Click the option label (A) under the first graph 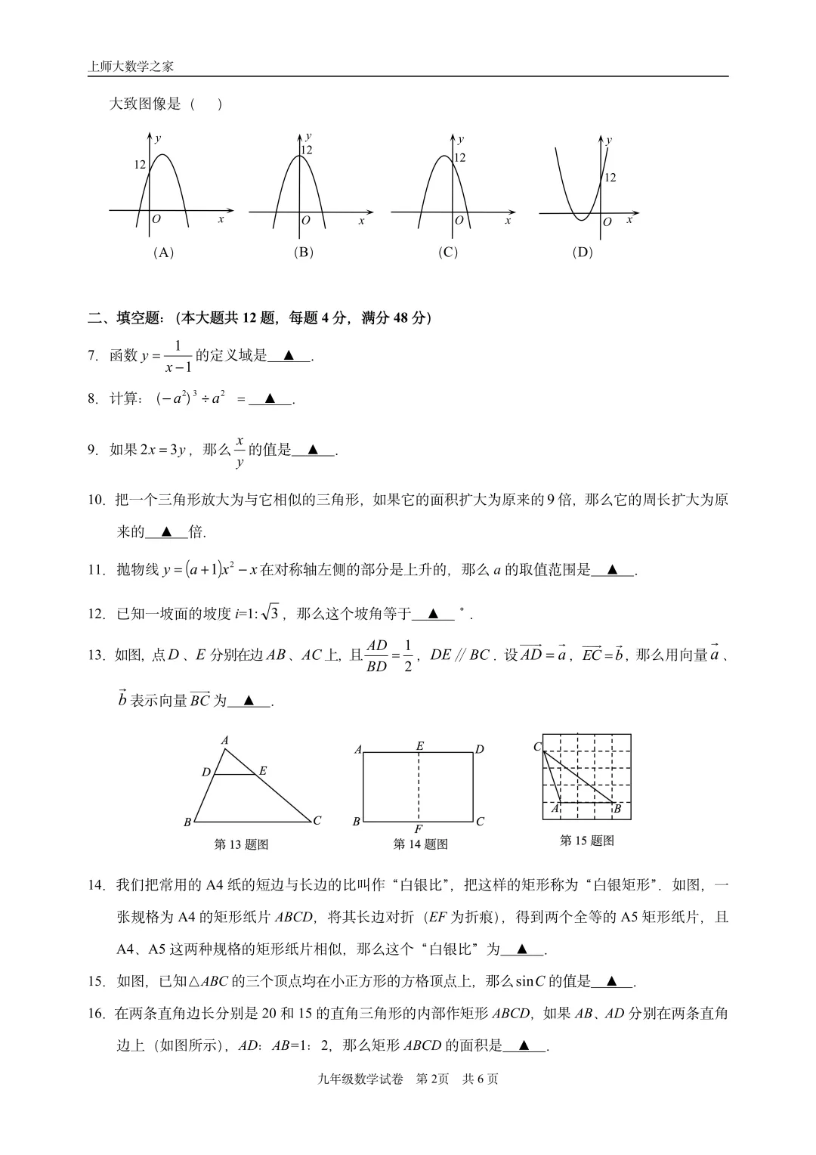[x=163, y=252]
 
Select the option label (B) [x=303, y=252]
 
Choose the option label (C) [x=448, y=252]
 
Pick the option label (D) [x=583, y=252]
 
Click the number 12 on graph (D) [x=610, y=178]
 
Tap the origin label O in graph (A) [x=156, y=219]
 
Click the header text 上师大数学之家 [x=131, y=67]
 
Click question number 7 [x=93, y=356]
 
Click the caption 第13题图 [x=241, y=844]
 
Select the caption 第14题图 [x=420, y=844]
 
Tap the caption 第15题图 [x=586, y=841]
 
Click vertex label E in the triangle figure [x=263, y=771]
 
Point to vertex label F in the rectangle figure [x=419, y=829]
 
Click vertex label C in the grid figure [x=537, y=747]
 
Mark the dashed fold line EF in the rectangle [x=419, y=786]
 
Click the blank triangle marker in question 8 [x=270, y=400]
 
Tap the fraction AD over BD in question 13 [x=376, y=655]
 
